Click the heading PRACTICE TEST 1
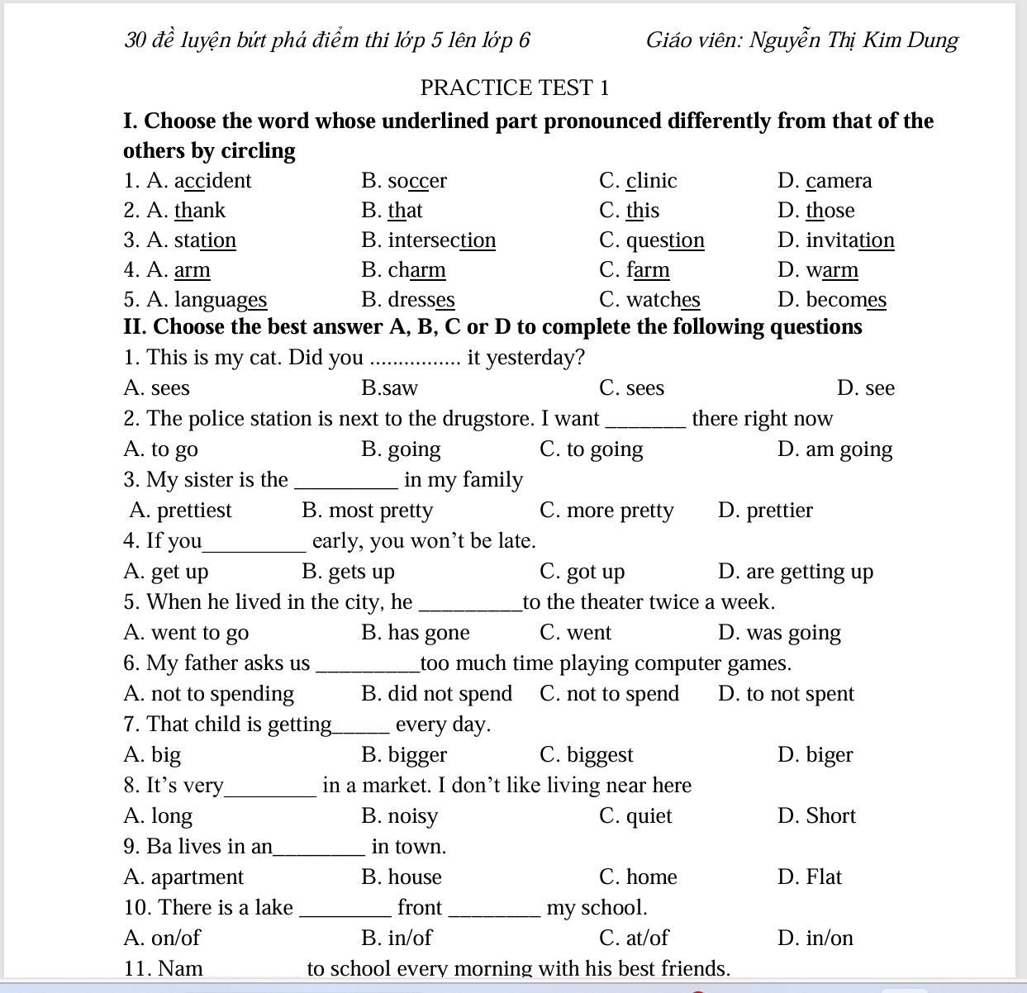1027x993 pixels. point(514,88)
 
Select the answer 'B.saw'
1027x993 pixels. point(389,388)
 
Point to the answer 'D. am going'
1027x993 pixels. point(834,449)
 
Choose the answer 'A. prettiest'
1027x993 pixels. point(180,511)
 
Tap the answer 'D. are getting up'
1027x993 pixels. point(795,572)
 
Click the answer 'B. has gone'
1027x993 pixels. point(415,633)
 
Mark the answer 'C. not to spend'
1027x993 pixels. point(609,694)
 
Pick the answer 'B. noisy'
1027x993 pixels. point(399,816)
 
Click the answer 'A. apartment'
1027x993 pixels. point(183,877)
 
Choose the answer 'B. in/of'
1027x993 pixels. point(397,938)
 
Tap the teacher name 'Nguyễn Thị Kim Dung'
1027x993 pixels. point(853,40)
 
